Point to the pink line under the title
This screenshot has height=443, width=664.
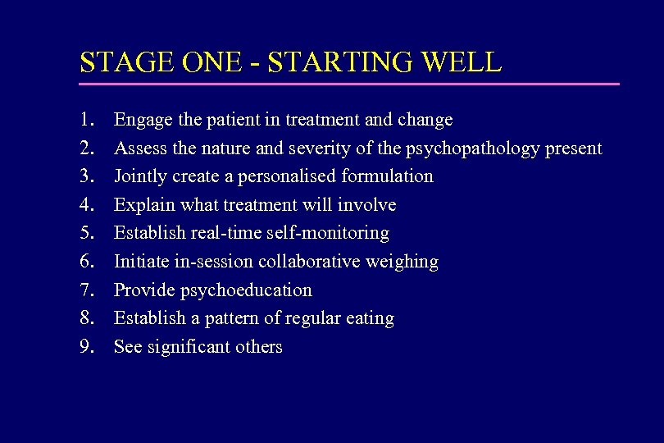coord(349,84)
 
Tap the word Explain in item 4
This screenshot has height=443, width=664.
coord(141,204)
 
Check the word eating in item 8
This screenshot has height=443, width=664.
coord(371,318)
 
